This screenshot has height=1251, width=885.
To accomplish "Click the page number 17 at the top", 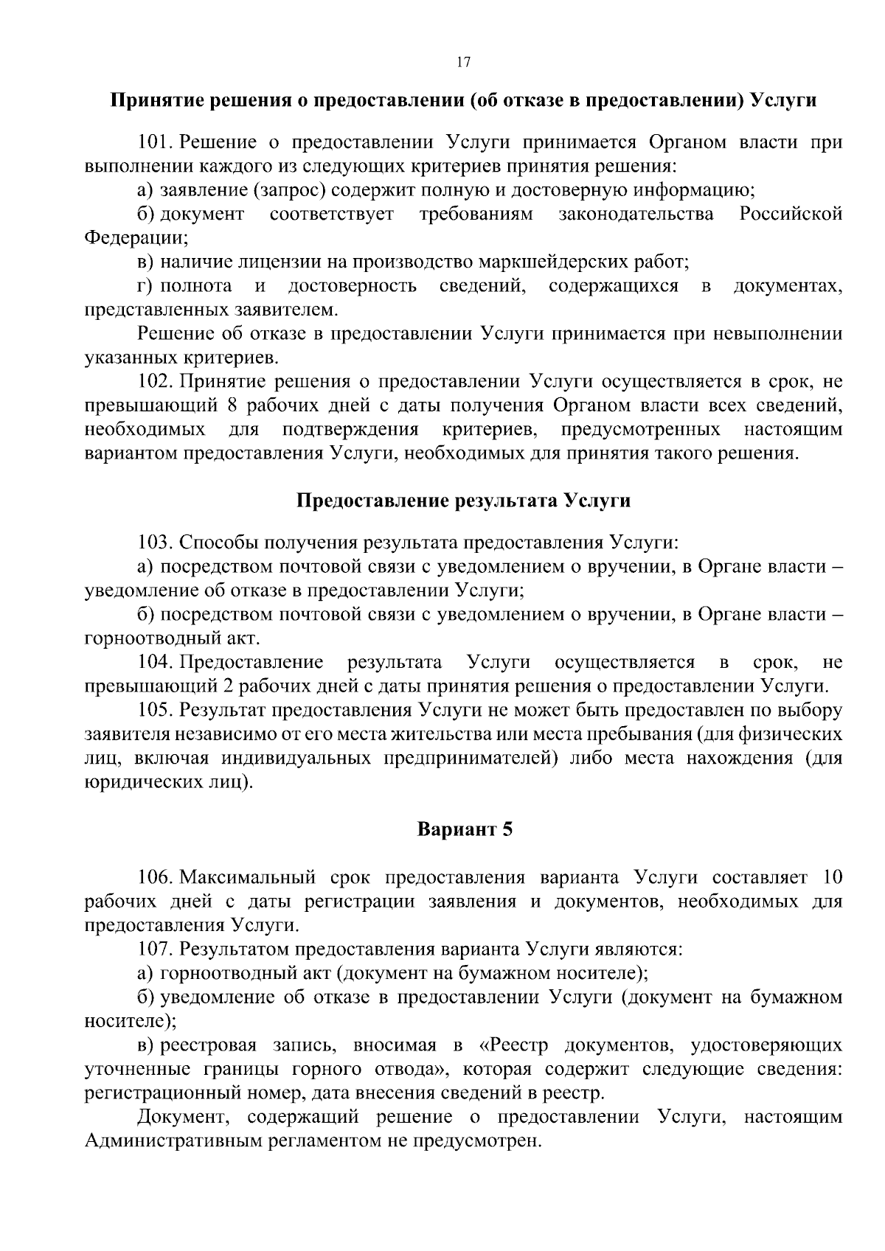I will pyautogui.click(x=463, y=63).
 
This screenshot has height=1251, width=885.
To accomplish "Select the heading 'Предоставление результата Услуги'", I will pyautogui.click(x=463, y=501).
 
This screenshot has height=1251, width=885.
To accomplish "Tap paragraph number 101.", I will pyautogui.click(x=155, y=142).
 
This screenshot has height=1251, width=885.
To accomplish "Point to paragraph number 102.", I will pyautogui.click(x=155, y=382).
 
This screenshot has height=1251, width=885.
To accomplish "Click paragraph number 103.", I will pyautogui.click(x=155, y=543).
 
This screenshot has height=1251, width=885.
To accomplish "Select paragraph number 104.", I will pyautogui.click(x=155, y=662).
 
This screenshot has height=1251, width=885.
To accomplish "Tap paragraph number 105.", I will pyautogui.click(x=155, y=710).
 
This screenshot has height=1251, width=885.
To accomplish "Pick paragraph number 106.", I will pyautogui.click(x=155, y=878).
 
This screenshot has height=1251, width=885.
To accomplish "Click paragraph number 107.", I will pyautogui.click(x=155, y=949).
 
